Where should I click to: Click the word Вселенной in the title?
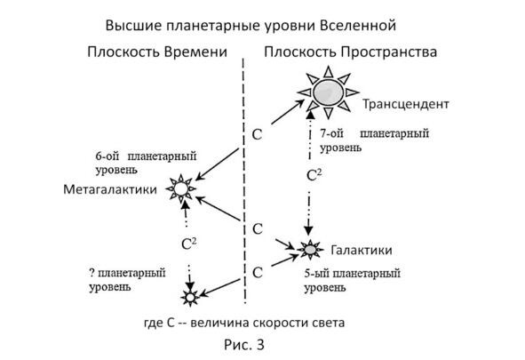tap(358, 26)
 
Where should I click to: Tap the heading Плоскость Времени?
tap(157, 52)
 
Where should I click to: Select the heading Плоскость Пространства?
tap(351, 52)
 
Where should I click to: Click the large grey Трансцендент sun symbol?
tap(328, 92)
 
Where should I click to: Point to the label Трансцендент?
tap(406, 104)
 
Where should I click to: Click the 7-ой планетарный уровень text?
tap(374, 140)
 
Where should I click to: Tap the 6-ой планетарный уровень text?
tap(146, 163)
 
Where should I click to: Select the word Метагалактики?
tap(110, 189)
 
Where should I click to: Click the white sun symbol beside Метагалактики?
tap(181, 188)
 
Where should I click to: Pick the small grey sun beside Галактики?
tap(310, 250)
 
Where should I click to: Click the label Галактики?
tap(362, 250)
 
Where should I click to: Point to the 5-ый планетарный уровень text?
tap(353, 281)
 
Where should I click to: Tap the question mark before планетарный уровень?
tap(92, 273)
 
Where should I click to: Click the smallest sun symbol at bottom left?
tap(190, 298)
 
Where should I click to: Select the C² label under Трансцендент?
tap(314, 175)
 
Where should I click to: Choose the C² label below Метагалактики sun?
tap(188, 244)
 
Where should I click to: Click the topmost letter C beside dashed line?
tap(257, 134)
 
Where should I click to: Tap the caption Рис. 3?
tap(244, 345)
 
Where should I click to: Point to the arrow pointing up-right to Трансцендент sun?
tap(288, 112)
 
